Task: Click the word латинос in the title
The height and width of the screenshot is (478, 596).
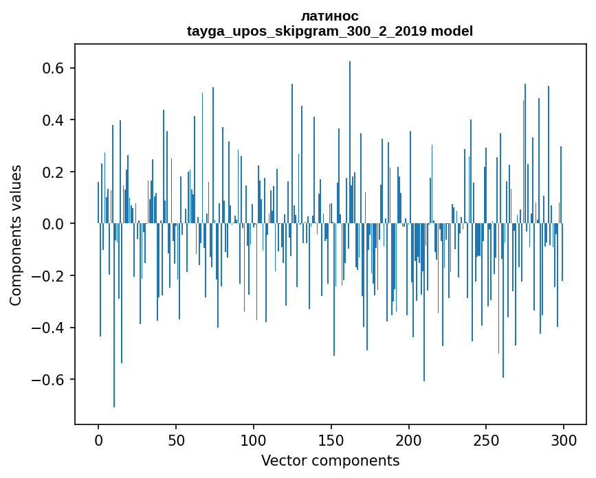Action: pos(330,16)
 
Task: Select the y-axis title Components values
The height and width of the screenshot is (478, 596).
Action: pos(16,235)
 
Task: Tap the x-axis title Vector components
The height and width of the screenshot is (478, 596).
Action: pos(330,461)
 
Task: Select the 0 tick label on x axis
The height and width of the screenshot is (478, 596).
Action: pos(98,440)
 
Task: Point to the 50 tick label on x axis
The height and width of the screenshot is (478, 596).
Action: pos(176,440)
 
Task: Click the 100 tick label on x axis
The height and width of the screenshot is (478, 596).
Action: pos(254,440)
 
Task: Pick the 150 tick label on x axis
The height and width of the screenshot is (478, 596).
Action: pos(331,440)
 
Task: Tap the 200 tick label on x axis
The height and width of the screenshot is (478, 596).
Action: pos(409,440)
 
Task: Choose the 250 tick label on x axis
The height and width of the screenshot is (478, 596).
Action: pos(486,440)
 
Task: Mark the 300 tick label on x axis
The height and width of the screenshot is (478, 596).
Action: pos(564,440)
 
